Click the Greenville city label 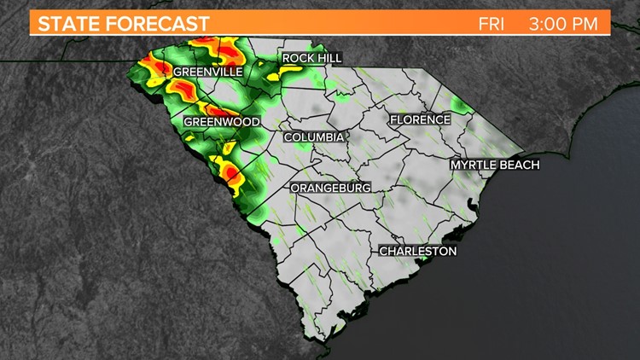207,73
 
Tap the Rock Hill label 311,58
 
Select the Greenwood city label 222,122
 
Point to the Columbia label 314,137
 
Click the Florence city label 420,120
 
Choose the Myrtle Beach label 495,165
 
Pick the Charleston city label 418,252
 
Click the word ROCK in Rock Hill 298,58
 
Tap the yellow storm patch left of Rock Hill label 271,61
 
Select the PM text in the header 592,24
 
